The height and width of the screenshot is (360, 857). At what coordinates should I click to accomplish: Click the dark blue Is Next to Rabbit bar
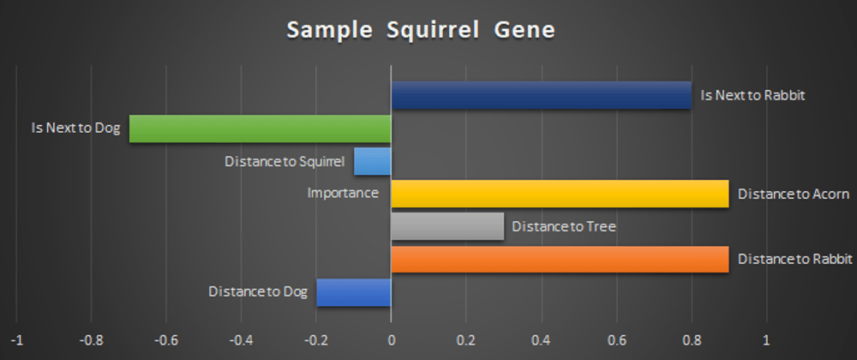pyautogui.click(x=541, y=95)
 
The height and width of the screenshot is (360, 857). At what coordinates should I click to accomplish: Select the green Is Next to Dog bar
pyautogui.click(x=261, y=129)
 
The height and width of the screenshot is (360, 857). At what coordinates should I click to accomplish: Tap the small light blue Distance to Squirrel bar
pyautogui.click(x=373, y=161)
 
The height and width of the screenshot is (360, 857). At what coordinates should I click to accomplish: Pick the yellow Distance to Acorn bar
pyautogui.click(x=560, y=194)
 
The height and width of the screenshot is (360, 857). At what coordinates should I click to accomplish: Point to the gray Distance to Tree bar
pyautogui.click(x=447, y=226)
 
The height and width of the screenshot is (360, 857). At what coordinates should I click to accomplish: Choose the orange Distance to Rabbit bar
pyautogui.click(x=560, y=260)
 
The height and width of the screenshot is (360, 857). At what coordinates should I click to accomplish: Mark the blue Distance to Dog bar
pyautogui.click(x=354, y=292)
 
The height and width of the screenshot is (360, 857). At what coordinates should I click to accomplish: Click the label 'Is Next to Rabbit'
pyautogui.click(x=753, y=96)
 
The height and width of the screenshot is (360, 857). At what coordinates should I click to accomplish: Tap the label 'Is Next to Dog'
pyautogui.click(x=76, y=129)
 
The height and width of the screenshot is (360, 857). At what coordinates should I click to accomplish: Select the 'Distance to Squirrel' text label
pyautogui.click(x=285, y=162)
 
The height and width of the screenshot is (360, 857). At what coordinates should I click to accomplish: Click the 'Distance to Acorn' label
pyautogui.click(x=794, y=194)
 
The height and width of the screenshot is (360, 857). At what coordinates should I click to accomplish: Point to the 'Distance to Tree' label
pyautogui.click(x=564, y=226)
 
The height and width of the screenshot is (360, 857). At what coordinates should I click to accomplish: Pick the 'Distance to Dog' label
pyautogui.click(x=259, y=291)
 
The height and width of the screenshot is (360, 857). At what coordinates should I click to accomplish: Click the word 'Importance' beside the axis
pyautogui.click(x=344, y=193)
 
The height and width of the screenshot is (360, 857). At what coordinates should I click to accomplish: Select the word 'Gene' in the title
pyautogui.click(x=524, y=31)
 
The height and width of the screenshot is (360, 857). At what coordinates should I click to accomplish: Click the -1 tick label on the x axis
pyautogui.click(x=17, y=340)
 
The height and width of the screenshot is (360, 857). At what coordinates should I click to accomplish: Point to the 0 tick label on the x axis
pyautogui.click(x=392, y=340)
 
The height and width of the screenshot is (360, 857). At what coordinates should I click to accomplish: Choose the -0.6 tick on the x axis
pyautogui.click(x=167, y=340)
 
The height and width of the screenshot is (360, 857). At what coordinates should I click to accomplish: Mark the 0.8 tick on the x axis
pyautogui.click(x=692, y=340)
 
